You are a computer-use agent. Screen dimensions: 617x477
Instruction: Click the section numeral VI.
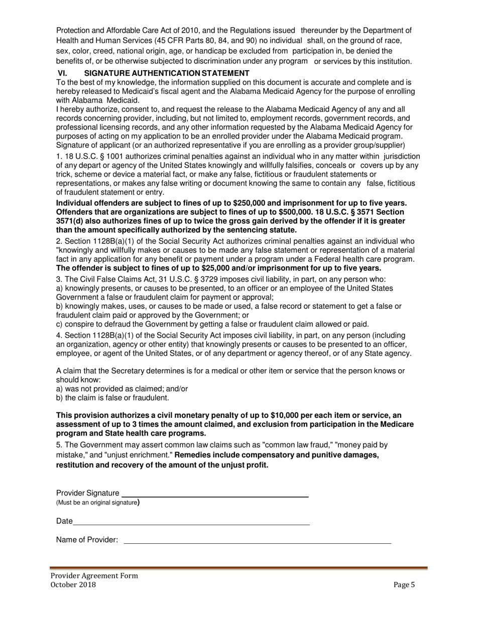point(63,73)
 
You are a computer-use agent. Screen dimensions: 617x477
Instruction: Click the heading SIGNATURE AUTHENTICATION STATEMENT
point(174,73)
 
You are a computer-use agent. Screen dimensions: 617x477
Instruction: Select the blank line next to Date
point(191,524)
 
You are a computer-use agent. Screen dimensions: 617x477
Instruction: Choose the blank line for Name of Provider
point(257,542)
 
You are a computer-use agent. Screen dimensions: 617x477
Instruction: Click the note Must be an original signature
point(97,503)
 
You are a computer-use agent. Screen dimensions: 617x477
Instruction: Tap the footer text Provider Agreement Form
point(94,576)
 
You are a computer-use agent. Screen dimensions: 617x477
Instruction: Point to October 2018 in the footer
point(73,584)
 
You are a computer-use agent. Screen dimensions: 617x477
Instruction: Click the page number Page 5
point(404,584)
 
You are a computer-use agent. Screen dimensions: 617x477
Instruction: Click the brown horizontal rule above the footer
point(238,568)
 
